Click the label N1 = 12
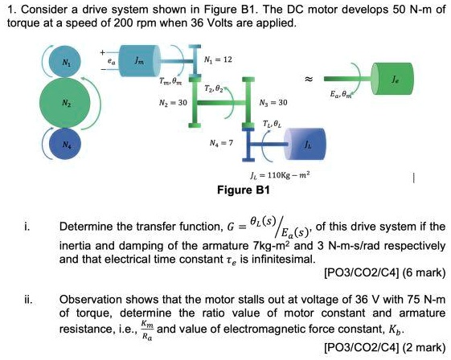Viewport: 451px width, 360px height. point(220,60)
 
